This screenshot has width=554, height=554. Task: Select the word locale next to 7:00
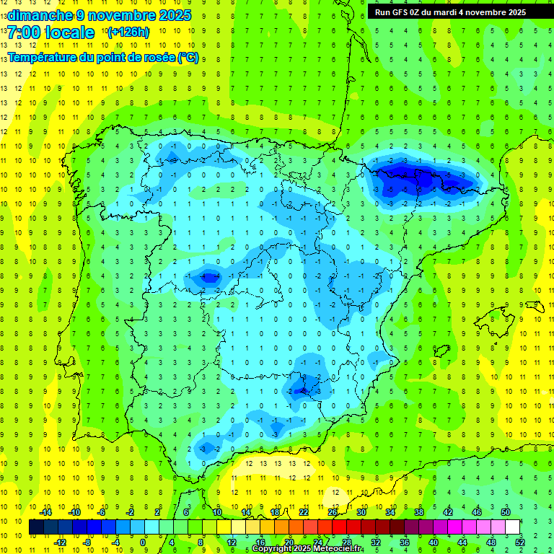[x=69, y=32]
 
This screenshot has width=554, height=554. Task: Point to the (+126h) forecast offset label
[x=128, y=32]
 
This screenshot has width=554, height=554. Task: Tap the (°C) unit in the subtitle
[x=188, y=57]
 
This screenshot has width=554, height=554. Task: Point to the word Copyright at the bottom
[x=273, y=549]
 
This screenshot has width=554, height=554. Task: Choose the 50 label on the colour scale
[x=506, y=512]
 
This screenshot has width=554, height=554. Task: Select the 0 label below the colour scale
[x=143, y=542]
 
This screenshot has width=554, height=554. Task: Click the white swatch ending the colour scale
[x=513, y=527]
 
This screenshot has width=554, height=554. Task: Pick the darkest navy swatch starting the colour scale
[x=36, y=527]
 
